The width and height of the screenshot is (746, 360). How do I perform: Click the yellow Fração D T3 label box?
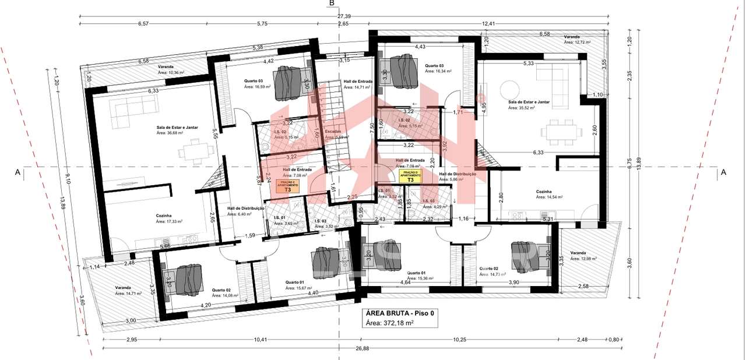(410, 177)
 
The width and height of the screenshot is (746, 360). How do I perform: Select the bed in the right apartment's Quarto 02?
(530, 255)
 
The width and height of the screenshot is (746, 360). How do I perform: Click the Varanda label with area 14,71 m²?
(124, 291)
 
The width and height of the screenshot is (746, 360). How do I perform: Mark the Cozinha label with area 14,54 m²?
(549, 194)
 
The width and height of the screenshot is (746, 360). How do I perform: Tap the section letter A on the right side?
(723, 172)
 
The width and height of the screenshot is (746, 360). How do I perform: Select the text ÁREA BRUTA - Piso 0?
(399, 312)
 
